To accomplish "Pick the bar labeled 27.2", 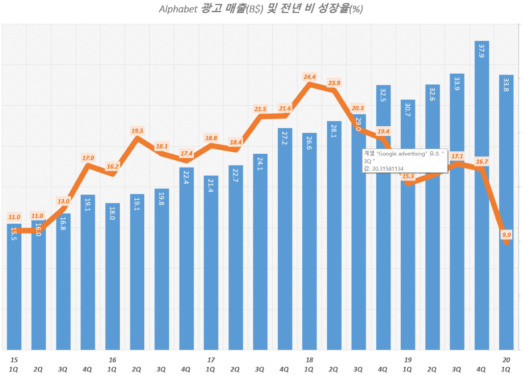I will click(285, 240).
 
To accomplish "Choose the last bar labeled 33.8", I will click(506, 215).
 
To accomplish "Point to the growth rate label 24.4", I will click(309, 77).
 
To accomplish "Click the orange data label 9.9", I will click(506, 235).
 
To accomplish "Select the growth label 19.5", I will click(137, 131).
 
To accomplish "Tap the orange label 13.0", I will click(64, 201).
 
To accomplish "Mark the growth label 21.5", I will click(260, 109).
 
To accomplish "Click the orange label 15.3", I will click(408, 177).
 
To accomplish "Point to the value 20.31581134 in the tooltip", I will click(388, 168).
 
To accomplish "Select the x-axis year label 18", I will click(309, 360).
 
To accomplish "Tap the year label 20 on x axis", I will click(506, 360).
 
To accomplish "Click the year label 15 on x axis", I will click(14, 360).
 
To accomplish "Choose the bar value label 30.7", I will click(408, 110).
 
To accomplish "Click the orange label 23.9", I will click(334, 83).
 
